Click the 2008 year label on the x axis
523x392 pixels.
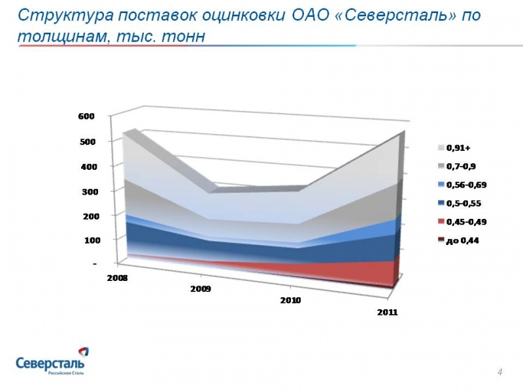point(118,278)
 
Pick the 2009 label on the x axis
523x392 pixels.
point(200,289)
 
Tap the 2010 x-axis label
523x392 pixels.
point(290,301)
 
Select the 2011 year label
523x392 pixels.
point(388,312)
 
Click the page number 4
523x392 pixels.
point(499,372)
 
